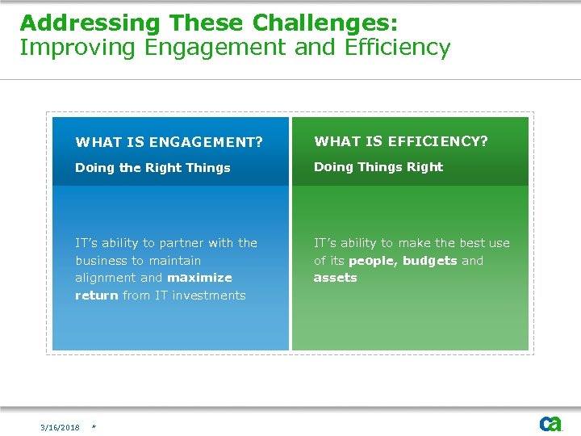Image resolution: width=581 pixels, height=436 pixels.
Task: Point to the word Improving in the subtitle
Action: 78,48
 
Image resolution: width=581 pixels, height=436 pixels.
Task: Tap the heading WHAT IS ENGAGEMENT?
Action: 169,143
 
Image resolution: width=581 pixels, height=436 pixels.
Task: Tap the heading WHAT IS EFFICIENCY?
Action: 401,141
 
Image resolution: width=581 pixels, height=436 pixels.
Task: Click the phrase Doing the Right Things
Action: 153,168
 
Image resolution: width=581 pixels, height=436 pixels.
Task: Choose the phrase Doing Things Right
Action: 378,167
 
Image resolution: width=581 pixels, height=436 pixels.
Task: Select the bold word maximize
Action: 199,278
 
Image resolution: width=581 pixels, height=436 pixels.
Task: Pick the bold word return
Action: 96,296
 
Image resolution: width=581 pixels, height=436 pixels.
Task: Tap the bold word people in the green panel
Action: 372,262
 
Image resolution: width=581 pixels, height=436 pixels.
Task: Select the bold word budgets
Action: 429,261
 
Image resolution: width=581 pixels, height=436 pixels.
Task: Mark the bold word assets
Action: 335,278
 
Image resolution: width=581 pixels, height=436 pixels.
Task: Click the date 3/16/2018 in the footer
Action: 61,427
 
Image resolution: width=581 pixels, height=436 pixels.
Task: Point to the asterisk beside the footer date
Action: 94,427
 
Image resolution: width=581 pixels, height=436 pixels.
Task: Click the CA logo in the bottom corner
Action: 550,424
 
